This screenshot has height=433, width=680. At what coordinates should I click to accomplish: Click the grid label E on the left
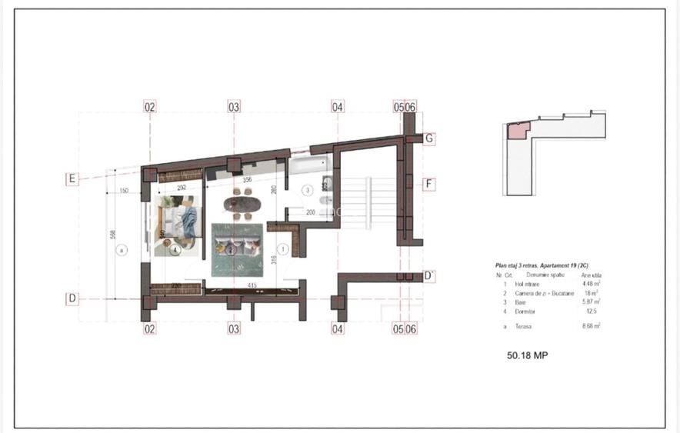point(72,179)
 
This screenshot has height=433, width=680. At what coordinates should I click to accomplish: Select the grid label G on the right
point(430,139)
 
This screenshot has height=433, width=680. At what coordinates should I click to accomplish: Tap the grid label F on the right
point(430,184)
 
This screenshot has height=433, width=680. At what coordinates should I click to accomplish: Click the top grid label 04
point(337,108)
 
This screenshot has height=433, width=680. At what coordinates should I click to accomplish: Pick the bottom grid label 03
point(234,328)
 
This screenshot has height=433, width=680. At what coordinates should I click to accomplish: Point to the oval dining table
point(242,205)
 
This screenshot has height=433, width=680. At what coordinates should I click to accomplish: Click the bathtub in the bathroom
point(308,165)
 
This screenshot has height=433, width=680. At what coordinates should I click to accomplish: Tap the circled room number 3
point(306,189)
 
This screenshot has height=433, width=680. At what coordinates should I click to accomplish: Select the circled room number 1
point(283,248)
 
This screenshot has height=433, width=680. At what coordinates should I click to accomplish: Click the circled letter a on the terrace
point(120,249)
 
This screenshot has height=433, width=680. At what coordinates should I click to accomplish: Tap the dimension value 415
point(252,286)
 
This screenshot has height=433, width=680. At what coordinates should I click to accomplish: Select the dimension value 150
point(123,192)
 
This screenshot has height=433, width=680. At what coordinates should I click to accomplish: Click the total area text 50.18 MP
point(527,355)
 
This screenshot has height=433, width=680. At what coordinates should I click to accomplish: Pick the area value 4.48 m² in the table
point(592,283)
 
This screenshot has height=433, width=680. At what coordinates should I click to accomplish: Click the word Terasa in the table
point(525,326)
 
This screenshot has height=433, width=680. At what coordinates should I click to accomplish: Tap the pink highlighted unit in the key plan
point(515,131)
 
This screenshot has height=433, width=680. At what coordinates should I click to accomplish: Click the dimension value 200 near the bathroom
point(312,212)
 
